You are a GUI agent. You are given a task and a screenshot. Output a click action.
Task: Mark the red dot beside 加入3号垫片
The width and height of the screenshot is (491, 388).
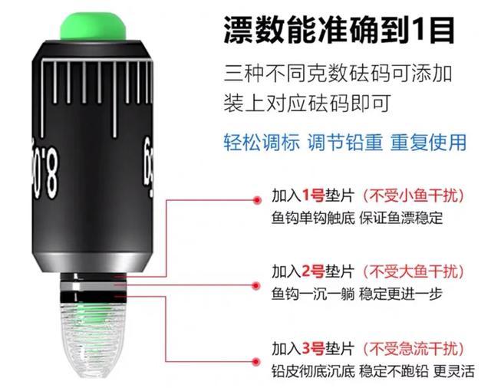(x=258, y=360)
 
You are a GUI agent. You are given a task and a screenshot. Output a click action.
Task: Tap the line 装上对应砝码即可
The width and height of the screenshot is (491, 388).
(x=308, y=103)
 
